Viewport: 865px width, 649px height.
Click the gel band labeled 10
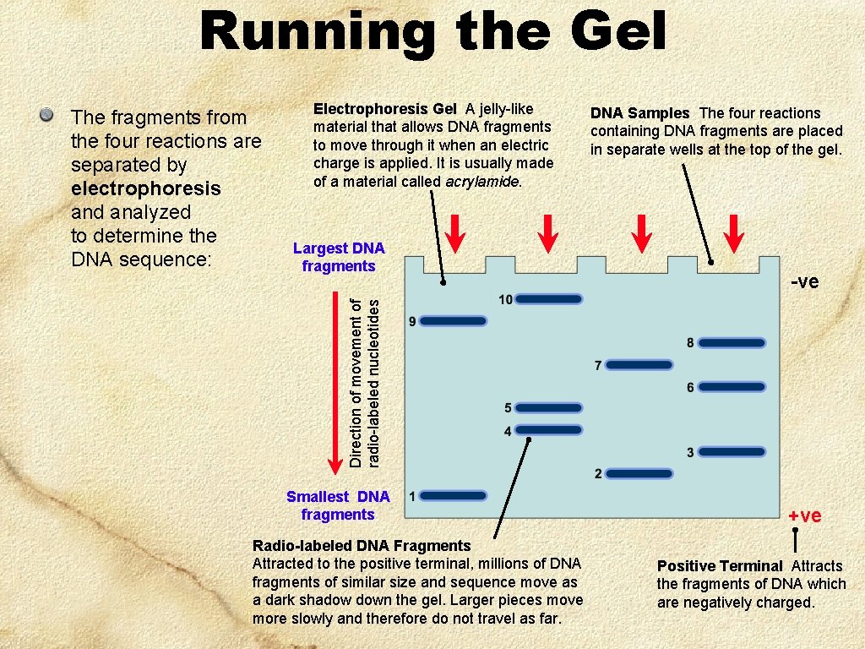point(549,299)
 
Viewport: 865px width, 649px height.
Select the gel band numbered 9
point(454,321)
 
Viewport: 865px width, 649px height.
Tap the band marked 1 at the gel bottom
point(454,495)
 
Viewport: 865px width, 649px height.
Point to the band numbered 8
point(732,343)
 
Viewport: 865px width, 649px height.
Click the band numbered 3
point(732,452)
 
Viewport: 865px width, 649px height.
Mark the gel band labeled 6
point(732,387)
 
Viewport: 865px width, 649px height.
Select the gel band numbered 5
point(549,408)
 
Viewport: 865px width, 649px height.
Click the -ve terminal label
point(804,282)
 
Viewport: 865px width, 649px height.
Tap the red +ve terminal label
point(804,515)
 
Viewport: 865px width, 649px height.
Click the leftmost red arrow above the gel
point(455,234)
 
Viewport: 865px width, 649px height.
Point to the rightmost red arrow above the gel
point(735,234)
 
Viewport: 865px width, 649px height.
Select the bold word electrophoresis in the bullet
point(145,188)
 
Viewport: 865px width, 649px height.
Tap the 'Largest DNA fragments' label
point(339,257)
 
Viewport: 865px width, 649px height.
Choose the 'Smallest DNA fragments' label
point(338,505)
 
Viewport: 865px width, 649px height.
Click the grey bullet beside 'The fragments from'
point(50,114)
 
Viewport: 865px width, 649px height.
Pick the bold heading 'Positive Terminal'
point(720,566)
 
